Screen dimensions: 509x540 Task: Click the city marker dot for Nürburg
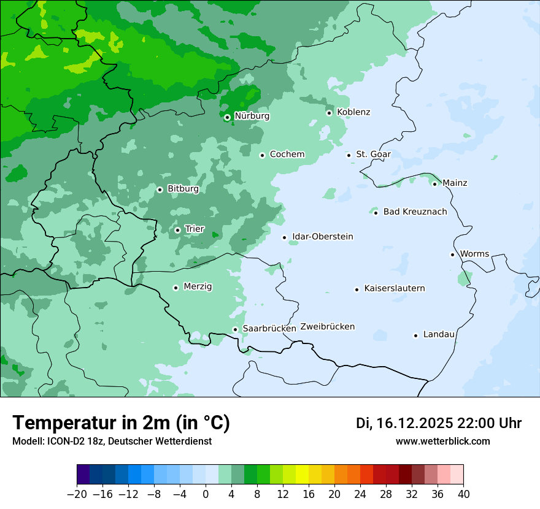[227, 117]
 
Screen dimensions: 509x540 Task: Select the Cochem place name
[287, 155]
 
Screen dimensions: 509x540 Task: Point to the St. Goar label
[373, 155]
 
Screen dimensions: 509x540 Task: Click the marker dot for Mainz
[434, 184]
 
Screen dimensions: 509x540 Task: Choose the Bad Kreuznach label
[415, 212]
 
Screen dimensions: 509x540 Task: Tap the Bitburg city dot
[160, 189]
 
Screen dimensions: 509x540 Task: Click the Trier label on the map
[195, 229]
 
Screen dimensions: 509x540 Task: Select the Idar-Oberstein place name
[322, 237]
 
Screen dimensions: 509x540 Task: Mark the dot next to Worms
[452, 255]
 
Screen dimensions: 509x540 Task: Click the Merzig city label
[198, 287]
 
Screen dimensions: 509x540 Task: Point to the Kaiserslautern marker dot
[357, 289]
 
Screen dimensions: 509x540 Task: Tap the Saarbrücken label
[269, 329]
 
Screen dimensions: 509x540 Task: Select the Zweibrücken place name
[327, 327]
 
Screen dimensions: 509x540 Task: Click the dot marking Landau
[415, 335]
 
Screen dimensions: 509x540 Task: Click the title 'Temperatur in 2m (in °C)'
[121, 423]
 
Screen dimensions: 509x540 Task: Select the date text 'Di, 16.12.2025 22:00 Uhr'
[439, 423]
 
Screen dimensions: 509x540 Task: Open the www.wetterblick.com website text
[442, 441]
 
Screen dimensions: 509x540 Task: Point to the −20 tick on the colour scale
[77, 494]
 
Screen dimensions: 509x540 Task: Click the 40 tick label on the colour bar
[463, 494]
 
